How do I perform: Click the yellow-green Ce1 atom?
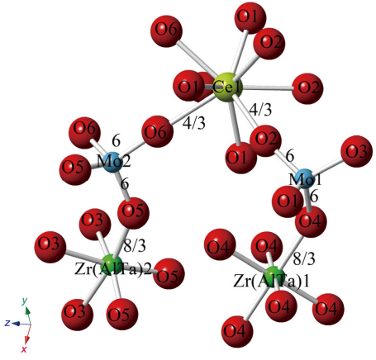coord(228,88)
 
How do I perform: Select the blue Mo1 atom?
coord(305,179)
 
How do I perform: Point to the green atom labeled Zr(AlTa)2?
coord(112,264)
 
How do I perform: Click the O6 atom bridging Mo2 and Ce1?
coord(158,131)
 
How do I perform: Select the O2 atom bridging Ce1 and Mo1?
coord(265,140)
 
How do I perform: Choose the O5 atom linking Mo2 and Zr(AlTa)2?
coord(134,213)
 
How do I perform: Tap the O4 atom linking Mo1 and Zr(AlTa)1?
coord(311,221)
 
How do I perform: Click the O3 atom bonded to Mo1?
coord(357,151)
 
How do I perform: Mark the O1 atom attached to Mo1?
coord(288,201)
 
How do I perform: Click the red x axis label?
coord(24,349)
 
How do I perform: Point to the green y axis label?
coord(25,301)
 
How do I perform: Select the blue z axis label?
coord(7,323)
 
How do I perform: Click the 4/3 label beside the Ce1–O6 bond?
coord(194,124)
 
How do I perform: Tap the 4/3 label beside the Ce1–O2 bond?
coord(260,110)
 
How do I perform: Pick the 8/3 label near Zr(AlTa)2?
coord(135,245)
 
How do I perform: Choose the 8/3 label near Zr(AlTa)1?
coord(304,259)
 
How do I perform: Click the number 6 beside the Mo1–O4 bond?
coord(314,197)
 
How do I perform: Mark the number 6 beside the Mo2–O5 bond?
coord(125,183)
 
